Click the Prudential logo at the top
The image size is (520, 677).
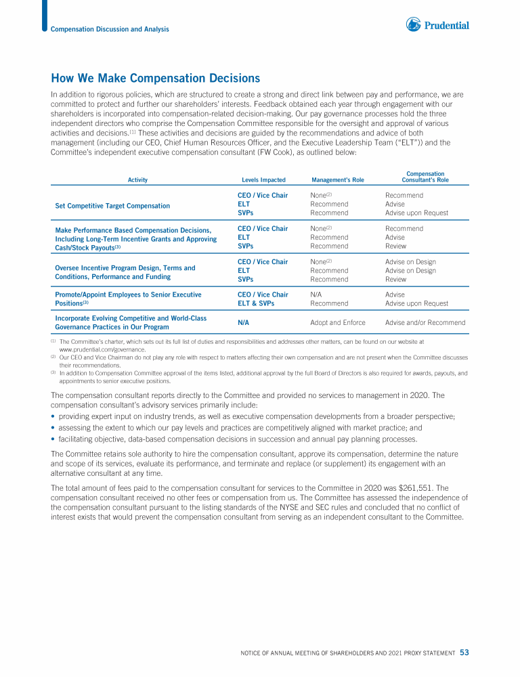coord(437,25)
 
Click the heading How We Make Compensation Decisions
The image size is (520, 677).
coord(156,79)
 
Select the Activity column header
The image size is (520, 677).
coord(137,180)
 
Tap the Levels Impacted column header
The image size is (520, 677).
coord(263,180)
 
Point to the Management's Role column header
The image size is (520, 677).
coord(338,180)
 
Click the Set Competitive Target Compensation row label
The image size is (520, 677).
coord(112,205)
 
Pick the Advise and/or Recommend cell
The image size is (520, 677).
coord(425,322)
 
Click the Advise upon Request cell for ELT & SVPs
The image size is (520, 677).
coord(416,303)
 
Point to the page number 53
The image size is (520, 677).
coord(464,653)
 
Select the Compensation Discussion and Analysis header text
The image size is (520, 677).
coord(110,29)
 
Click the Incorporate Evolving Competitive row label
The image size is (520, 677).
coord(131,318)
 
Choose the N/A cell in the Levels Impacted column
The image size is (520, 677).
coord(242,322)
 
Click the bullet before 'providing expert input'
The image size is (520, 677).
coord(53,416)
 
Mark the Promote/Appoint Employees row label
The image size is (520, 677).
coord(128,294)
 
